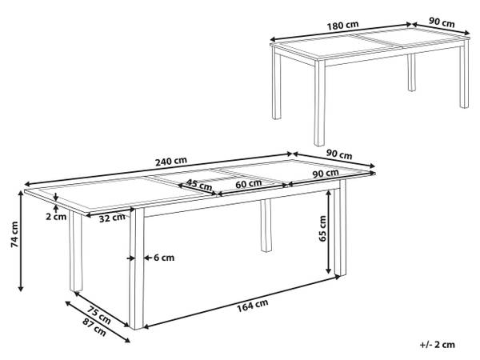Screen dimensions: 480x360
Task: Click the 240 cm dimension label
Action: pyautogui.click(x=171, y=162)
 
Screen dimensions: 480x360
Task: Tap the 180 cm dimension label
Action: pyautogui.click(x=342, y=26)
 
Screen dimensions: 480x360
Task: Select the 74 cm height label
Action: pyautogui.click(x=14, y=234)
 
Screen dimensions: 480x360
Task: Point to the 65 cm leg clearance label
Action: pyautogui.click(x=322, y=229)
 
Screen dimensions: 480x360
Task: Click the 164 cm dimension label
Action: pyautogui.click(x=253, y=306)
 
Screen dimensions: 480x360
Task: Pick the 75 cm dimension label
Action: pyautogui.click(x=98, y=314)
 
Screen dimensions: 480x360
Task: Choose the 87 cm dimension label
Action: pyautogui.click(x=94, y=327)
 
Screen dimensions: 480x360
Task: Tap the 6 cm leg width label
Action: pyautogui.click(x=164, y=258)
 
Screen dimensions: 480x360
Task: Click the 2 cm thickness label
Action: pyautogui.click(x=56, y=217)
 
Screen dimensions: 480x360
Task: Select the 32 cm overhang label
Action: pyautogui.click(x=112, y=218)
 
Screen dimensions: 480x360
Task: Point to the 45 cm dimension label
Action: pyautogui.click(x=199, y=184)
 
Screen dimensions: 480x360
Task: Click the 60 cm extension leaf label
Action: pyautogui.click(x=249, y=184)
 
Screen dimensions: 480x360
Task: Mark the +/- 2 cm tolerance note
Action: pyautogui.click(x=437, y=344)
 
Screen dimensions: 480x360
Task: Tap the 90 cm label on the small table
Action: pyautogui.click(x=442, y=22)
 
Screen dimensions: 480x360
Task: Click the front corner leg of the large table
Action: pyautogui.click(x=137, y=269)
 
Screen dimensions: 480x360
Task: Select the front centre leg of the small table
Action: pyautogui.click(x=319, y=102)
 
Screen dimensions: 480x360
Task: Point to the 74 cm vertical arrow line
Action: pyautogui.click(x=21, y=241)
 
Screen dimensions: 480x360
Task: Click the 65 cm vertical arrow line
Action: pyautogui.click(x=329, y=232)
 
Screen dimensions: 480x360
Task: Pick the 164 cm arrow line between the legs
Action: pyautogui.click(x=242, y=302)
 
